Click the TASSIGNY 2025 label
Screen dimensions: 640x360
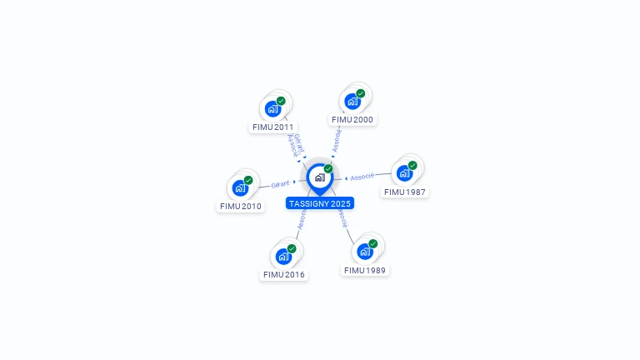point(320,203)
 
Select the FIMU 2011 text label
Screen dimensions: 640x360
point(274,127)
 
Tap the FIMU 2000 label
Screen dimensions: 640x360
point(352,119)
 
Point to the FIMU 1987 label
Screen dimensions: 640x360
point(405,192)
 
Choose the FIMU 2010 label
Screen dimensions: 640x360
point(241,206)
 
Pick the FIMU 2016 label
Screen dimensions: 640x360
point(284,274)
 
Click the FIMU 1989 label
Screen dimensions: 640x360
point(365,270)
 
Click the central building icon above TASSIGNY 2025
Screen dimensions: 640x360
point(319,177)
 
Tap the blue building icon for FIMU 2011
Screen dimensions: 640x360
point(272,108)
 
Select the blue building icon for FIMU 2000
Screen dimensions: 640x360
point(352,102)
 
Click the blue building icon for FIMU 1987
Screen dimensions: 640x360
point(404,173)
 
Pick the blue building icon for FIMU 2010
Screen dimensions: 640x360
point(240,188)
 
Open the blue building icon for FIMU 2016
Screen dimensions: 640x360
point(283,257)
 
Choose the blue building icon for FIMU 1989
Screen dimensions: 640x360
point(364,252)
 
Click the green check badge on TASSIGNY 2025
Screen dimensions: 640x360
point(328,169)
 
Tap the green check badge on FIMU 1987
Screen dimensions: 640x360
point(412,165)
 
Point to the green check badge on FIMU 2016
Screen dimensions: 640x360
point(292,248)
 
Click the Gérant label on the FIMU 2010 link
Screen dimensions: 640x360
point(280,184)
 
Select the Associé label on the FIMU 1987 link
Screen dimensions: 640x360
point(362,177)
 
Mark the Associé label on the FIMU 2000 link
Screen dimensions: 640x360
point(337,141)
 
